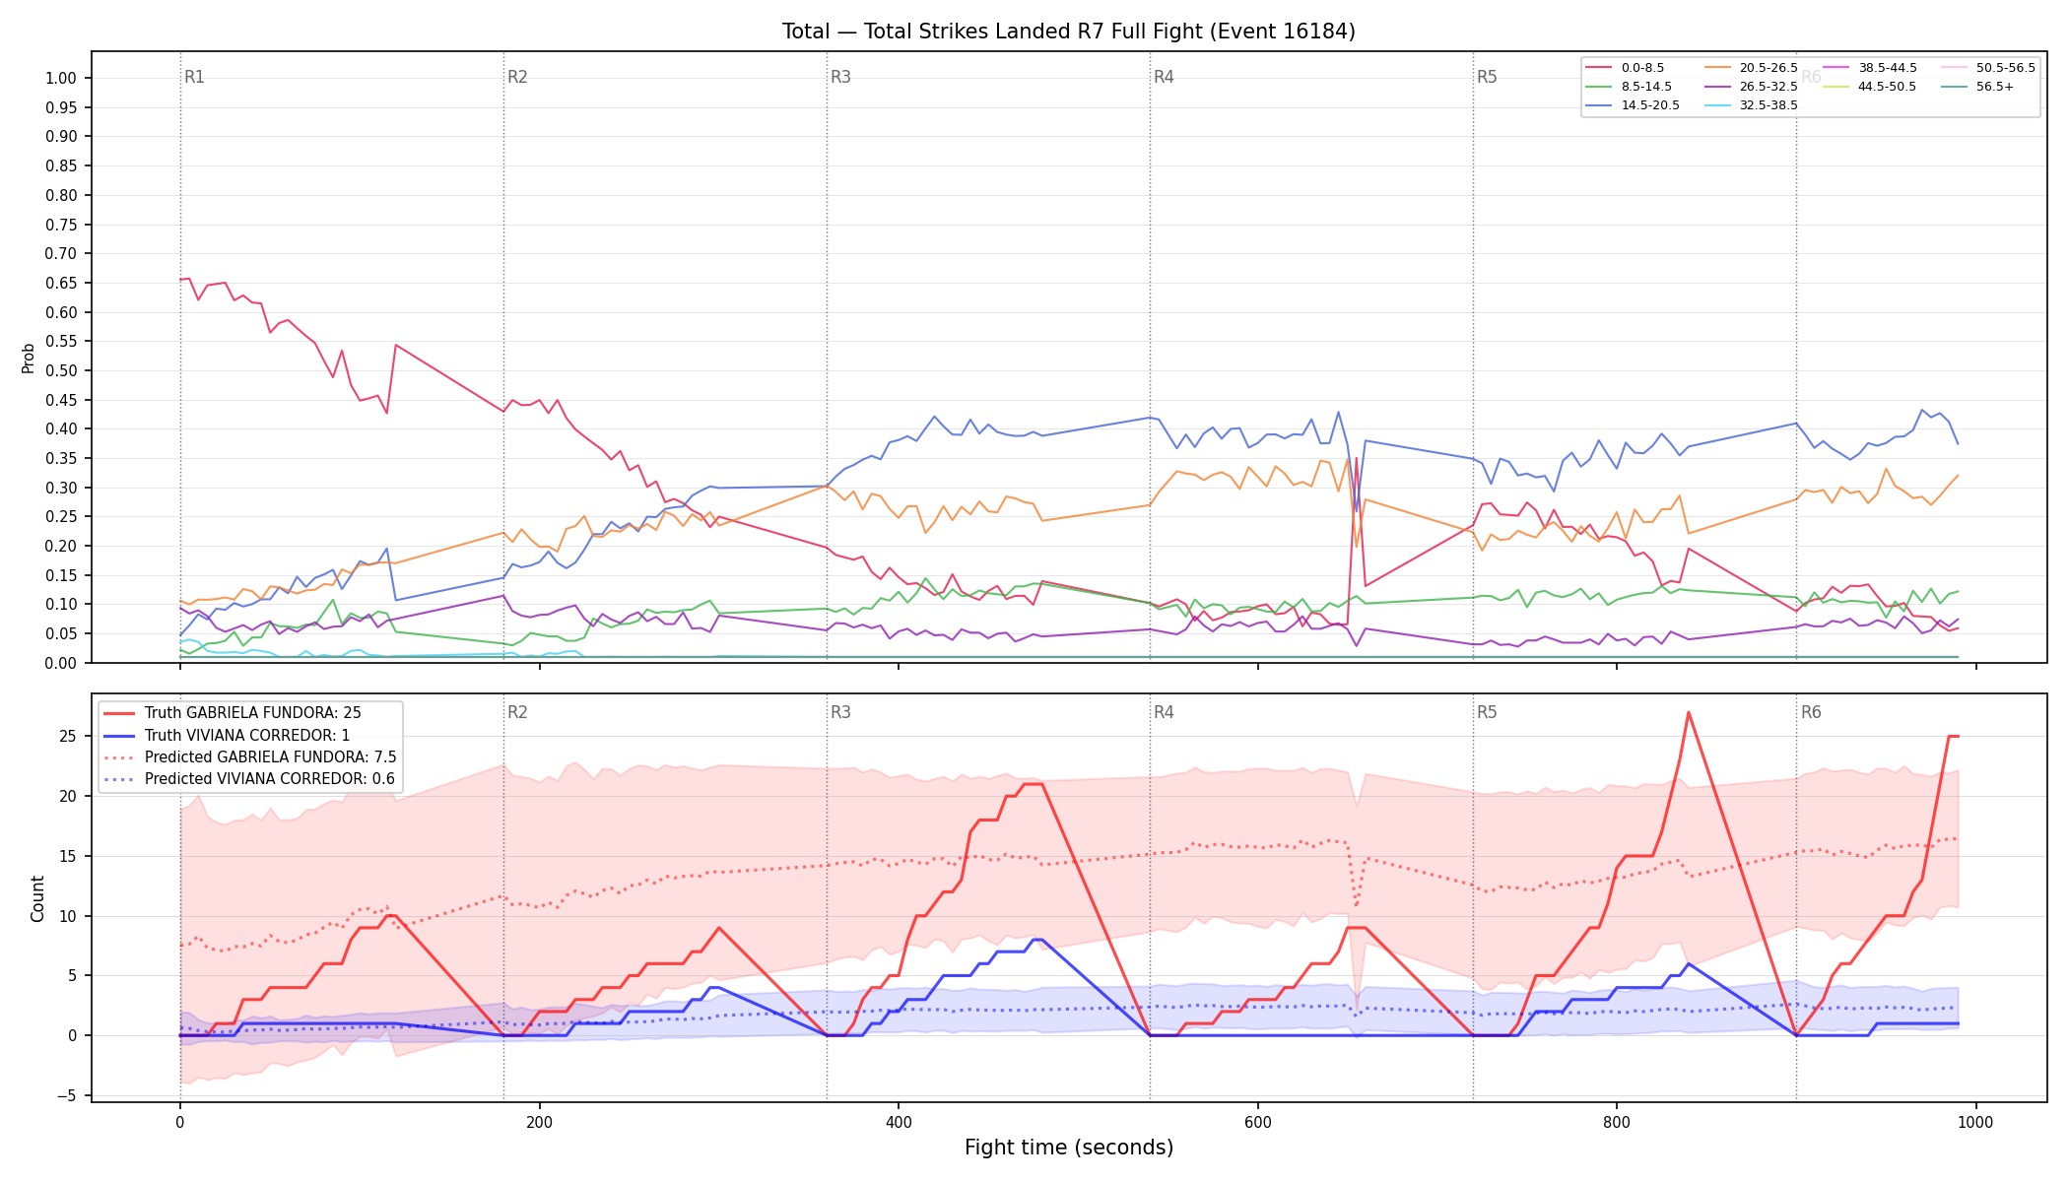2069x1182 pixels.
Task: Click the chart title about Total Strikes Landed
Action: pyautogui.click(x=1069, y=32)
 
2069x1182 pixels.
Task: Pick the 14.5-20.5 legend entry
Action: pyautogui.click(x=1632, y=105)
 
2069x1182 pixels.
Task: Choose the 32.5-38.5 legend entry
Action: pyautogui.click(x=1750, y=105)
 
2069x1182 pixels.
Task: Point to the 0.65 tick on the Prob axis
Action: pyautogui.click(x=61, y=284)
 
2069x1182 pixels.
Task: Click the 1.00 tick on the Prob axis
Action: pyautogui.click(x=61, y=79)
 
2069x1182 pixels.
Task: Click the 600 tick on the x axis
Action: pyautogui.click(x=1258, y=1123)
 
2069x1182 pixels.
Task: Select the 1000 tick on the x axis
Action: pyautogui.click(x=1975, y=1123)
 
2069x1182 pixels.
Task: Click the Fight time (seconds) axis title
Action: pyautogui.click(x=1069, y=1149)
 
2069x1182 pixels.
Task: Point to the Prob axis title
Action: pyautogui.click(x=29, y=358)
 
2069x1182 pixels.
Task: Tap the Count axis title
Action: pyautogui.click(x=38, y=898)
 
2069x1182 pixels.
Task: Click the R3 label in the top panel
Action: pyautogui.click(x=840, y=78)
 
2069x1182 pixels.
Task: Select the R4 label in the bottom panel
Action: pyautogui.click(x=1164, y=713)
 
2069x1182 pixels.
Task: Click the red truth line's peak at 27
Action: pyautogui.click(x=1689, y=712)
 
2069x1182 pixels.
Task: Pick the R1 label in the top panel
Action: pyautogui.click(x=194, y=78)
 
